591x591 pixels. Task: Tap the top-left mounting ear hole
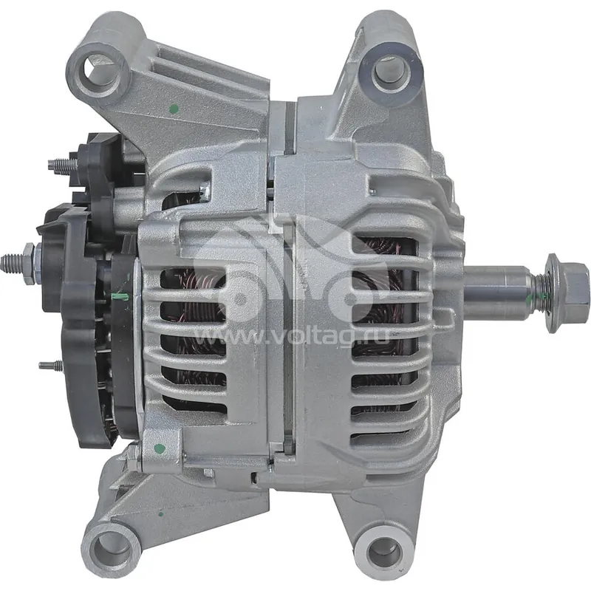tap(100, 68)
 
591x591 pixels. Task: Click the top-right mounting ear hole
tap(391, 71)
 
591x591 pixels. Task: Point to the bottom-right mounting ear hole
tap(384, 551)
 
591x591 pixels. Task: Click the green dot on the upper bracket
tap(174, 109)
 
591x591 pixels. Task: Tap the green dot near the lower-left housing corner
tap(160, 448)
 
